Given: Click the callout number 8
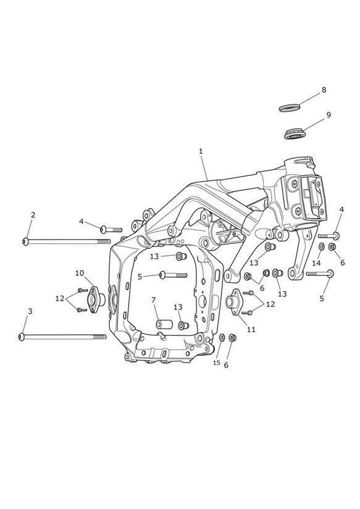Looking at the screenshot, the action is point(324,90).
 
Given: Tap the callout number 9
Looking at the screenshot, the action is point(329,115).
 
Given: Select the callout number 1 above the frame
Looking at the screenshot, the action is point(201,151).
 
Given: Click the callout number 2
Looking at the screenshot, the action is point(33,214).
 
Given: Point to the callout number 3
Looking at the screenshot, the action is point(30,311).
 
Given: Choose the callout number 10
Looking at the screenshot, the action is point(80,273).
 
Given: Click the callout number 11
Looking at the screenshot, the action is point(251,329).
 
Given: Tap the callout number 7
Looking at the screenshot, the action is point(154,300).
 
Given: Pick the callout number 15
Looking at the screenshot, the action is point(217,363).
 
